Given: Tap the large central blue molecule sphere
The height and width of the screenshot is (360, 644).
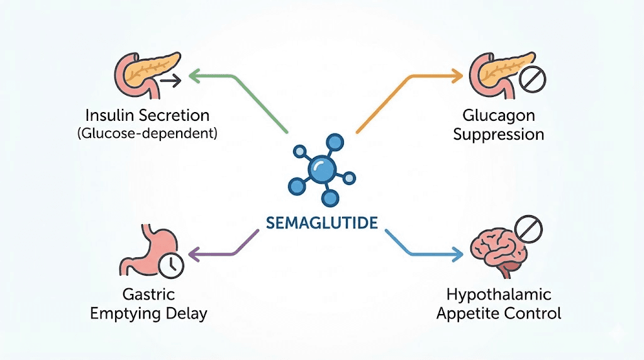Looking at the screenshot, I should (321, 169).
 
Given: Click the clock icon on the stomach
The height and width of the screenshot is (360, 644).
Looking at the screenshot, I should (169, 266).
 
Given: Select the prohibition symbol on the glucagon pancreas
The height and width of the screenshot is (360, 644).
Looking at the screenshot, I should (533, 80).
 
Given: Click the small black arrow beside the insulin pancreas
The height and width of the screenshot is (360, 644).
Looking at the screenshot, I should (170, 81).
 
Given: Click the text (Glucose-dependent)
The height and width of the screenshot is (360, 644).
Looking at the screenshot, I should (148, 133).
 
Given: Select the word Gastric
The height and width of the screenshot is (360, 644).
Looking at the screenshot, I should (149, 295).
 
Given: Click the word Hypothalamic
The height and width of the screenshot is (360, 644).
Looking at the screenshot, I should (499, 295).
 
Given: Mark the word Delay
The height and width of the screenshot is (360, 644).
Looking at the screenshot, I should (186, 313).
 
